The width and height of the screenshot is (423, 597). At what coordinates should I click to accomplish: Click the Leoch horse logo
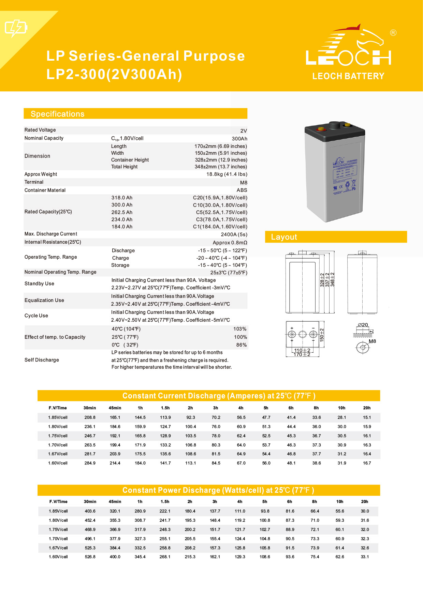tap(348, 46)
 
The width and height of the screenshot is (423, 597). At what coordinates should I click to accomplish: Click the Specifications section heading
tap(57, 114)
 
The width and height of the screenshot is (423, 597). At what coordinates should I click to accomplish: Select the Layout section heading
tap(284, 237)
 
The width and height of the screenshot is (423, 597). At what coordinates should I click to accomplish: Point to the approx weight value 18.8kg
tap(227, 174)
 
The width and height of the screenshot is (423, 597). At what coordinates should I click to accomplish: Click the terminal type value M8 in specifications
tap(244, 183)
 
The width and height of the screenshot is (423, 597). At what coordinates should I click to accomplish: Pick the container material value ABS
tap(242, 190)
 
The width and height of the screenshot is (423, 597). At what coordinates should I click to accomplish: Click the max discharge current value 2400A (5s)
tap(234, 234)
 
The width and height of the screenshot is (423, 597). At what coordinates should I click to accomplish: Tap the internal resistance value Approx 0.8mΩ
tap(230, 243)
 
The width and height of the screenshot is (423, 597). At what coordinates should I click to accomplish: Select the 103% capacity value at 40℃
tap(240, 329)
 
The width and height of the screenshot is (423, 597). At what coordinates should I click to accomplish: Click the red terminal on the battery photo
tap(321, 129)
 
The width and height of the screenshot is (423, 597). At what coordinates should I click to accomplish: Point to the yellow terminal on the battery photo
tap(347, 125)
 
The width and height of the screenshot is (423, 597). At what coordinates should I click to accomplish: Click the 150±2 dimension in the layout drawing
tap(322, 335)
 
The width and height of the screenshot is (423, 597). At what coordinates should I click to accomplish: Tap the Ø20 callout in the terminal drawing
tap(363, 325)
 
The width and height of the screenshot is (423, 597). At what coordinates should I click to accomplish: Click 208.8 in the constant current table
tap(90, 417)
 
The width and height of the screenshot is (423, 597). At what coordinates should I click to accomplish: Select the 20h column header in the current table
tap(367, 408)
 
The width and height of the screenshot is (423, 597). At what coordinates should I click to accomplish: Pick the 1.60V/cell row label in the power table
tap(58, 557)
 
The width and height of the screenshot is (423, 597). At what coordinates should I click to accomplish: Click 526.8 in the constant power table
tap(90, 557)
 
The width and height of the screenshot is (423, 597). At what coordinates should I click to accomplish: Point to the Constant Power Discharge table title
tap(218, 490)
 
